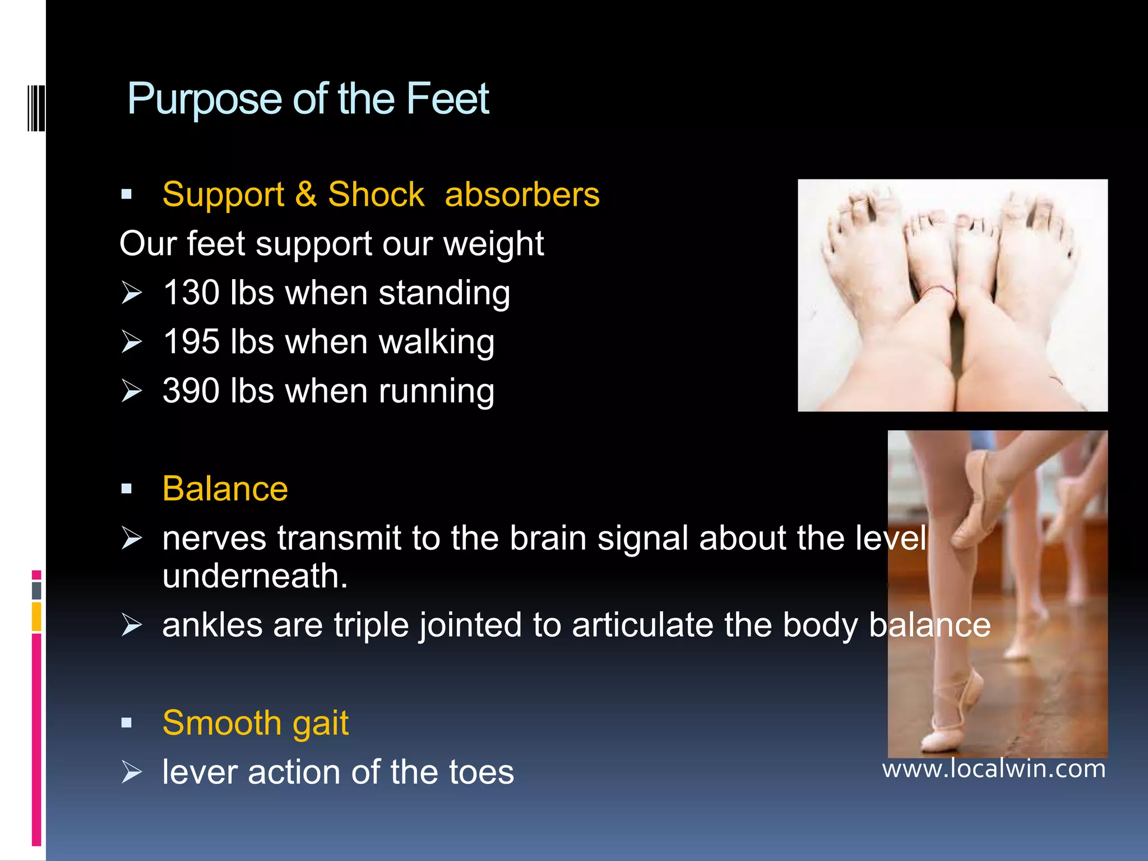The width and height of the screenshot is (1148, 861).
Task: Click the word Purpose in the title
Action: [x=205, y=100]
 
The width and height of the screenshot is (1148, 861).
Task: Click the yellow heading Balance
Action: [x=225, y=488]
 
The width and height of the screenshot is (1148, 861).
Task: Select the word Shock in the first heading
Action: [x=376, y=195]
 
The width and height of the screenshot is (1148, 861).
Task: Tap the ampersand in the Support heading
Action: [x=306, y=195]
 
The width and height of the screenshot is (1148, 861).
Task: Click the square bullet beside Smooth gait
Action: [x=127, y=723]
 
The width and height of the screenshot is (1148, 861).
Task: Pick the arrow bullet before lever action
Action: [x=132, y=772]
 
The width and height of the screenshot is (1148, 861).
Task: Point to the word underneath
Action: [x=255, y=576]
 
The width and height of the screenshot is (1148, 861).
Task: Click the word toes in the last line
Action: [x=483, y=772]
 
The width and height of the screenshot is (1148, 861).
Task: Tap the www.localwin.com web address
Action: [x=994, y=769]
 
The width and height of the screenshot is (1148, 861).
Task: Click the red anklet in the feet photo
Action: [x=937, y=290]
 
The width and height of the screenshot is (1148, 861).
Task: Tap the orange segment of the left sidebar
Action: [x=36, y=617]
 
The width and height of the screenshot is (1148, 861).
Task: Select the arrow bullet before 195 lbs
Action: [x=132, y=342]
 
